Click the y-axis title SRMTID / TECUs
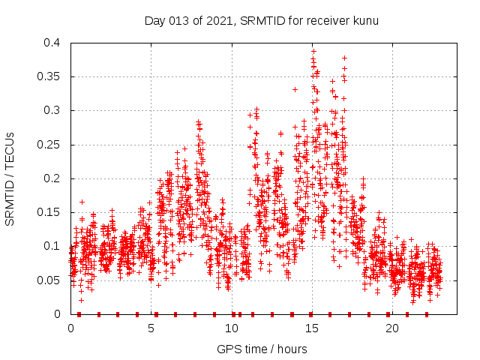(10, 178)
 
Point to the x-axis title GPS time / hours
(262, 349)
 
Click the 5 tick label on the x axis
(151, 328)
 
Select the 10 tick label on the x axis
(232, 328)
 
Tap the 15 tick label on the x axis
(312, 328)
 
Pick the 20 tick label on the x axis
(392, 328)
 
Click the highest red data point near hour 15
(313, 52)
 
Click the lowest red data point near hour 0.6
(81, 300)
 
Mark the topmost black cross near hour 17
(344, 58)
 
